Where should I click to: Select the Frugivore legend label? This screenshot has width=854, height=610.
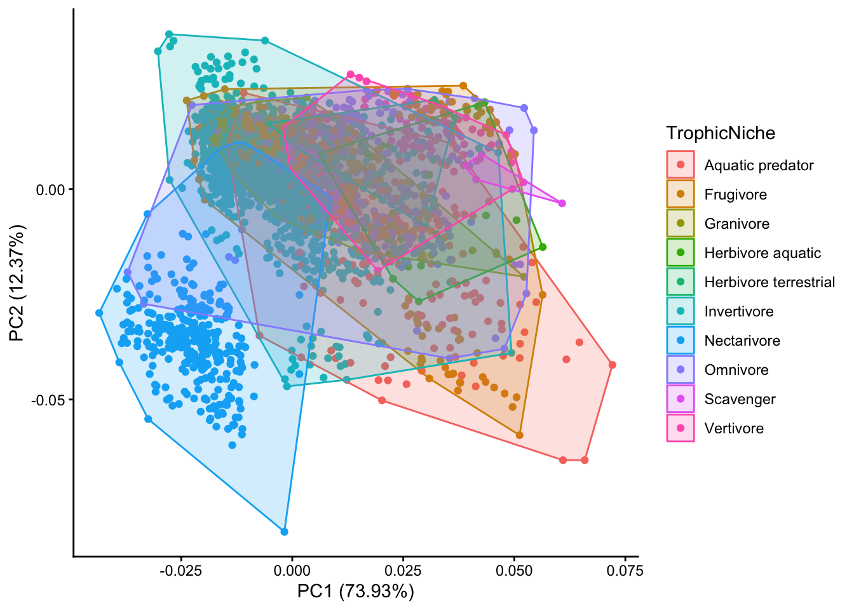coord(735,194)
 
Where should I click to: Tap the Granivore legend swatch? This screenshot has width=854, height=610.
coord(681,224)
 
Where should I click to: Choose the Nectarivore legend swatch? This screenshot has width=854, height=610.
coord(681,341)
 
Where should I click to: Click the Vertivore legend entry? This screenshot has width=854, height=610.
coord(734,428)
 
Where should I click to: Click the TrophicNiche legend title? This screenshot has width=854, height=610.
coord(721,133)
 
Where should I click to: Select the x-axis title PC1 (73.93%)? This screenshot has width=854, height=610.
coord(355,592)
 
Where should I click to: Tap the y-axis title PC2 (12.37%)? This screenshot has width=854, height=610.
coord(17,283)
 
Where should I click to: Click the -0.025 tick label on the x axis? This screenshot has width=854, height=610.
coord(180,571)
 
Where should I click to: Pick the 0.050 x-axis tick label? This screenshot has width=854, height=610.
coord(515,571)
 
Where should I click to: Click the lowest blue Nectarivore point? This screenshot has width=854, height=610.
coord(284,532)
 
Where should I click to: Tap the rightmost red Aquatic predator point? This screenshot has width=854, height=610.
coord(612,365)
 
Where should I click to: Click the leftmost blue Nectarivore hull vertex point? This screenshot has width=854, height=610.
coord(99,313)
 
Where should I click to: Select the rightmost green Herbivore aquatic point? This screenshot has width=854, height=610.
coord(543,247)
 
